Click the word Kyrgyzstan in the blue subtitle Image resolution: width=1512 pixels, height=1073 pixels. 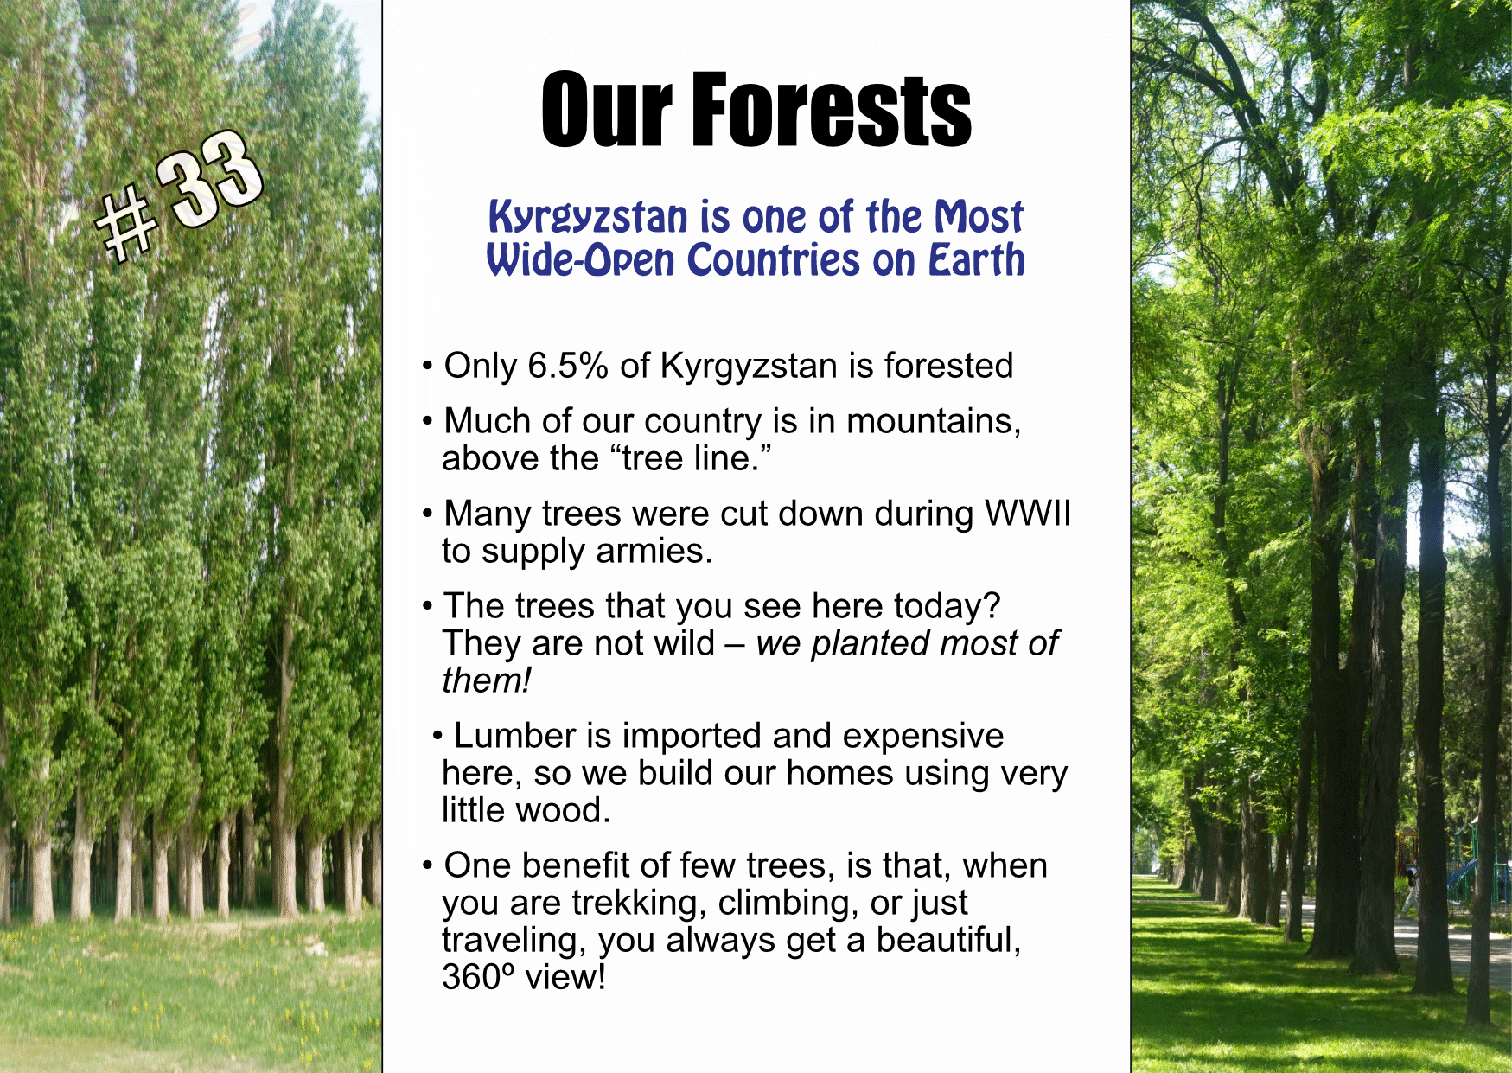[x=589, y=216]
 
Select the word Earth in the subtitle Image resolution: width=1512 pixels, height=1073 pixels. [x=976, y=259]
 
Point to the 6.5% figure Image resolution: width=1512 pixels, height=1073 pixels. [x=568, y=366]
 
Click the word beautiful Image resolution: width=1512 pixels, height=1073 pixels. [x=948, y=940]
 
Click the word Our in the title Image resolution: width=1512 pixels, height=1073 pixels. [x=606, y=109]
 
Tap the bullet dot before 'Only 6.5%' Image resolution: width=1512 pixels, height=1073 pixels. [x=427, y=367]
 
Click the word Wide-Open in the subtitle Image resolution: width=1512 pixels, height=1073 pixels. [x=580, y=260]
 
